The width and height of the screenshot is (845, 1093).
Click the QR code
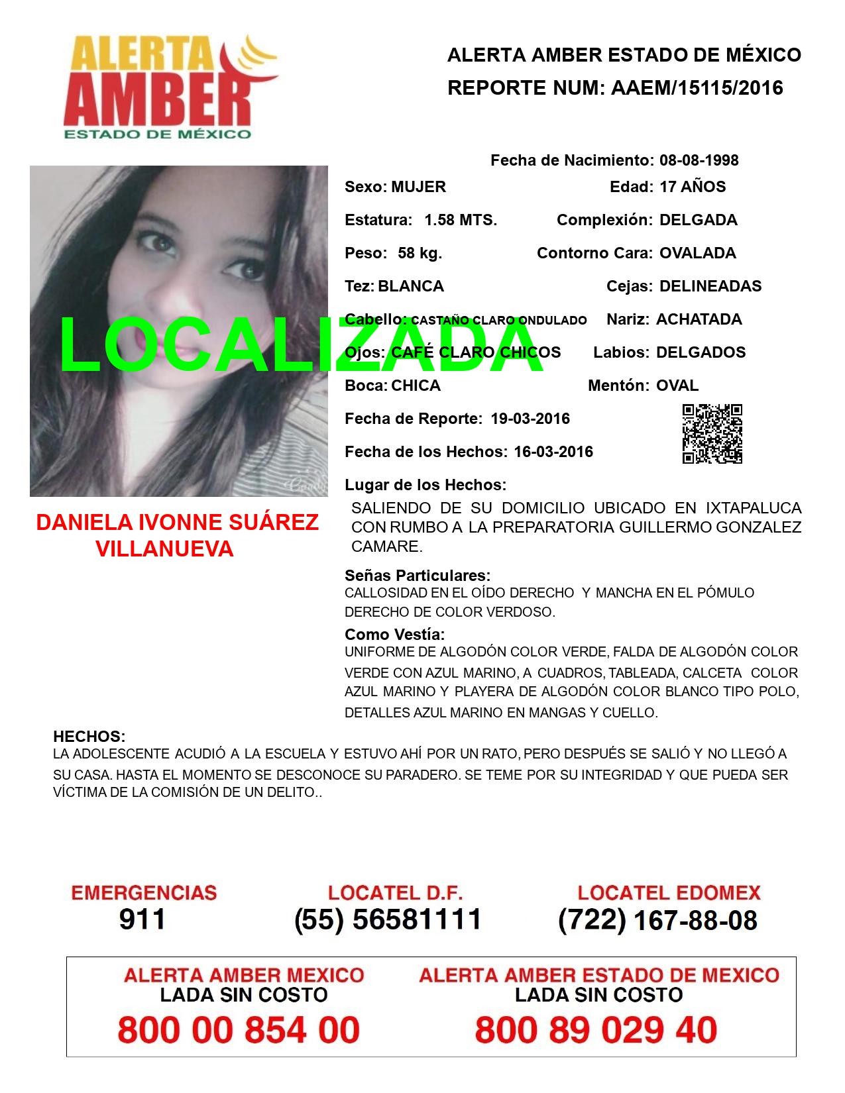[x=712, y=434]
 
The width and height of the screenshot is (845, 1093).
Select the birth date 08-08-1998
[x=699, y=160]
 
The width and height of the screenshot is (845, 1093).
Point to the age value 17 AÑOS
[x=693, y=187]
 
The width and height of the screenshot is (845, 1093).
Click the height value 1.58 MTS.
[x=461, y=220]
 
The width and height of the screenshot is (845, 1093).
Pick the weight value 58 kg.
[x=420, y=253]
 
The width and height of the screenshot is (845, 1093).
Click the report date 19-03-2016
[x=530, y=419]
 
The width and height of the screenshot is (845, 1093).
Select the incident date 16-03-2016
[x=553, y=452]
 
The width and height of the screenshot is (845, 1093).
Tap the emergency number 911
[x=142, y=919]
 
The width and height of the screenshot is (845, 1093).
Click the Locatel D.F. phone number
[x=388, y=919]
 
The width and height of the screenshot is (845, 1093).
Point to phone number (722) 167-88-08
[x=657, y=919]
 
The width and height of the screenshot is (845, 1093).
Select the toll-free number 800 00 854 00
[x=239, y=1030]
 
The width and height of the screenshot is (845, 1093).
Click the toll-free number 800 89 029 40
[x=596, y=1030]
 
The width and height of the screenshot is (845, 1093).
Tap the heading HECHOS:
[x=89, y=737]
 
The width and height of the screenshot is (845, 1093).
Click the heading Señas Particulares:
[x=418, y=575]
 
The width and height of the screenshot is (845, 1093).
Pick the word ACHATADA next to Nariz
[x=699, y=319]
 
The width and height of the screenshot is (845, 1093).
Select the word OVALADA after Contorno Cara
[x=697, y=253]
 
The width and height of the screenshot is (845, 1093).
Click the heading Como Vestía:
[x=395, y=635]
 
